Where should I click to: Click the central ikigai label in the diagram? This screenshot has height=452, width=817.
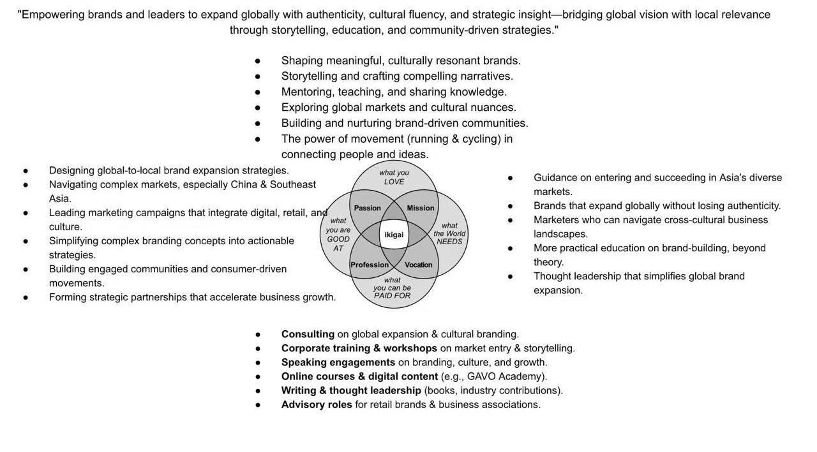[394, 235]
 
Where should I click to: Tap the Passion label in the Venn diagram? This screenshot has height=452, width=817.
[368, 208]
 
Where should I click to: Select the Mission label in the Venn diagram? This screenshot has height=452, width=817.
[421, 208]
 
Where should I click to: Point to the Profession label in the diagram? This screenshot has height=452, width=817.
[370, 265]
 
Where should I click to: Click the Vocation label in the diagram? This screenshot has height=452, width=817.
[419, 265]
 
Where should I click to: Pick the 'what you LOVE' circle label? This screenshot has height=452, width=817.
[394, 177]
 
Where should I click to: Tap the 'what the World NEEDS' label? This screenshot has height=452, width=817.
[449, 233]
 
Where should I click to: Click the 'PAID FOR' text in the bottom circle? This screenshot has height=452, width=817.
[393, 296]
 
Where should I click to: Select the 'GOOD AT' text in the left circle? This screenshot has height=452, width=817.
[338, 244]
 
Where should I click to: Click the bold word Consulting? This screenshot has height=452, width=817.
[308, 334]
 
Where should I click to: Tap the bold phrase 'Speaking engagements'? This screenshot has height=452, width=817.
[338, 362]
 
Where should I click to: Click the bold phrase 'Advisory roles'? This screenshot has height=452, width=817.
[317, 404]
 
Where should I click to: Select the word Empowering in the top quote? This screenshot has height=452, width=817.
[52, 15]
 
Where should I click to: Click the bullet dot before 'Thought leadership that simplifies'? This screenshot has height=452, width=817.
[510, 277]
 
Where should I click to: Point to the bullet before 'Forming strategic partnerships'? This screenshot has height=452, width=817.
[26, 297]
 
